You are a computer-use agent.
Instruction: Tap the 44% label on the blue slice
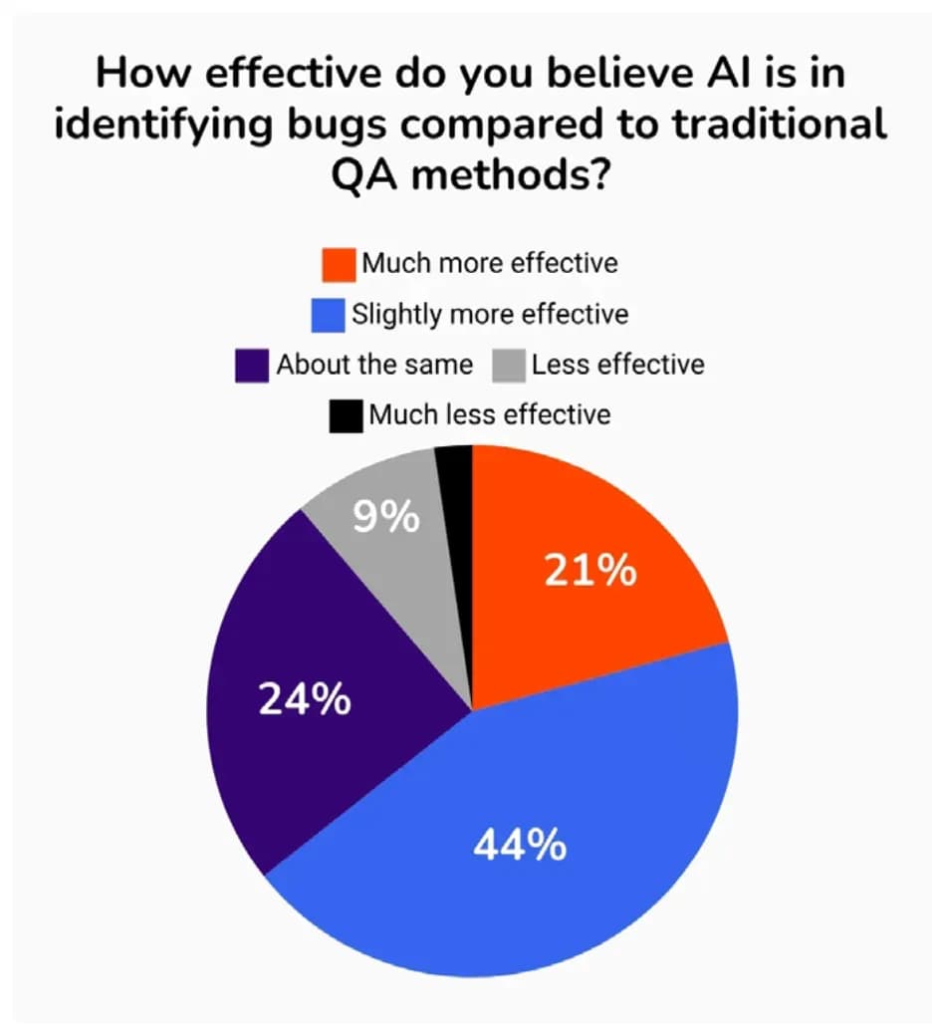[x=520, y=845]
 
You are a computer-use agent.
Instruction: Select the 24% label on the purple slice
[x=305, y=700]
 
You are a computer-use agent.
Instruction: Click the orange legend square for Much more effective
[x=339, y=264]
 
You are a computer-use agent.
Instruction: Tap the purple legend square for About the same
[x=252, y=365]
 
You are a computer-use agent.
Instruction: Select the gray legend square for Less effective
[x=509, y=365]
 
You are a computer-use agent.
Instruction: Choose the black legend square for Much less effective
[x=345, y=415]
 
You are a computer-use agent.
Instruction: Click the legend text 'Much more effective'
[x=489, y=264]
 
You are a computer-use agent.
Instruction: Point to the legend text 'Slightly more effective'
[x=489, y=316]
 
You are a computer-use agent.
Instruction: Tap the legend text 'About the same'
[x=374, y=365]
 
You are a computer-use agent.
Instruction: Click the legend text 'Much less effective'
[x=489, y=415]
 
